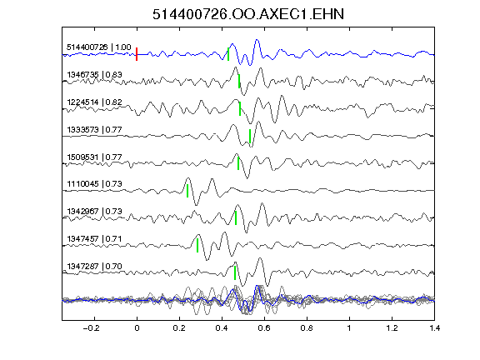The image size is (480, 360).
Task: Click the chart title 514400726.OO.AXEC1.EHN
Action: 248,14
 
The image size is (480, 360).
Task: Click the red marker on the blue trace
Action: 137,54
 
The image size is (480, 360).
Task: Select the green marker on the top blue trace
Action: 228,54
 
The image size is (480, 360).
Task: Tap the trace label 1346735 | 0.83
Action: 95,75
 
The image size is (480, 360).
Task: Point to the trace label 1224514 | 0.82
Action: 95,102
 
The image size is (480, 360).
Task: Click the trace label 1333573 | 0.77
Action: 95,130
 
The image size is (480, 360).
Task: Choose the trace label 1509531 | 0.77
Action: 95,157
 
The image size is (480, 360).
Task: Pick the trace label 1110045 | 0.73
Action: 95,184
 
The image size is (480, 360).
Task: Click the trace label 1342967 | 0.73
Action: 95,212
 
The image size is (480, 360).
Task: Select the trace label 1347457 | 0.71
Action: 95,239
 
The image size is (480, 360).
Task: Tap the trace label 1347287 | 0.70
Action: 95,267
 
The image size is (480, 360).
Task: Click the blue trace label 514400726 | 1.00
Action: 99,47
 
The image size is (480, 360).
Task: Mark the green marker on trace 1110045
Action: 187,191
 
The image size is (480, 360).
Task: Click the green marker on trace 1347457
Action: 197,246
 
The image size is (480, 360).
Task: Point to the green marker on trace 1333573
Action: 250,136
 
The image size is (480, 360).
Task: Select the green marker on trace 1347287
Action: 235,273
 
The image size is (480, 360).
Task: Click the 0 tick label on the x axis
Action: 137,328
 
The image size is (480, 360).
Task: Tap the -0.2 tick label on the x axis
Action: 92,328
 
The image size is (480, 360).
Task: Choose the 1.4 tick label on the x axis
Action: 435,328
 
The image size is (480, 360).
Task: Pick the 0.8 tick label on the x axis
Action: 307,328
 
